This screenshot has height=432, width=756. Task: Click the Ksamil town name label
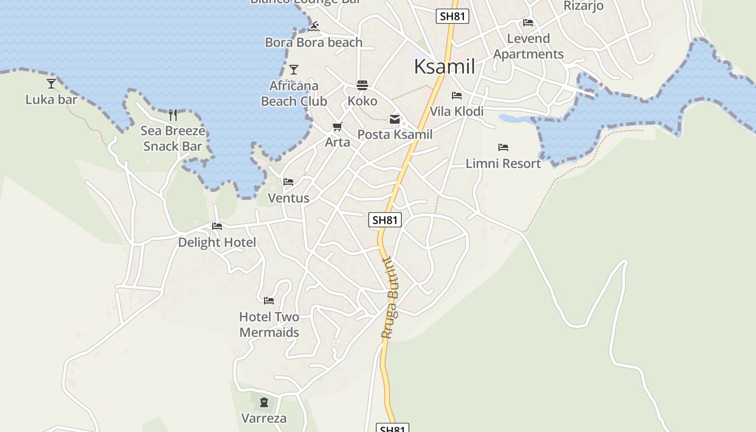[444, 66]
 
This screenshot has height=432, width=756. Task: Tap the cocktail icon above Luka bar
[51, 84]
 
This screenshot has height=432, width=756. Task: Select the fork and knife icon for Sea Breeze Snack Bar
[173, 114]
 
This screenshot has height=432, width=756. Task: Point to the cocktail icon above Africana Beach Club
[294, 70]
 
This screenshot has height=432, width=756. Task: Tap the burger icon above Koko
[362, 85]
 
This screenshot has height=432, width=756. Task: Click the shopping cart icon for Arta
[337, 127]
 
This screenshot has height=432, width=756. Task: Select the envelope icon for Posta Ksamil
[395, 119]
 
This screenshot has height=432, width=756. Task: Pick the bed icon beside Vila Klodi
[457, 96]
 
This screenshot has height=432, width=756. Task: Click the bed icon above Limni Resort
[503, 147]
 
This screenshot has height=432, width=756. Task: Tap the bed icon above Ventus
[289, 182]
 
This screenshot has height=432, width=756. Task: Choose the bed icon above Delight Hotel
[217, 226]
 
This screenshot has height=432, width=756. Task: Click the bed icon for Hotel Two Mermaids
[269, 301]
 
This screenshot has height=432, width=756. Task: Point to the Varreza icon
[264, 402]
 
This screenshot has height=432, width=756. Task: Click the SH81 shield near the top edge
[452, 16]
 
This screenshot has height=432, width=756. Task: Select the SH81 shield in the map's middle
[386, 220]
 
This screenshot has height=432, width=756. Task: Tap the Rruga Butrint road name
[389, 298]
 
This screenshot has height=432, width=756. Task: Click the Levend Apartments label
[528, 46]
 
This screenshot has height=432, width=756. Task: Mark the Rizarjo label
[583, 6]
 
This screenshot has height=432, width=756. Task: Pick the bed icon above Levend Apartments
[528, 23]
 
